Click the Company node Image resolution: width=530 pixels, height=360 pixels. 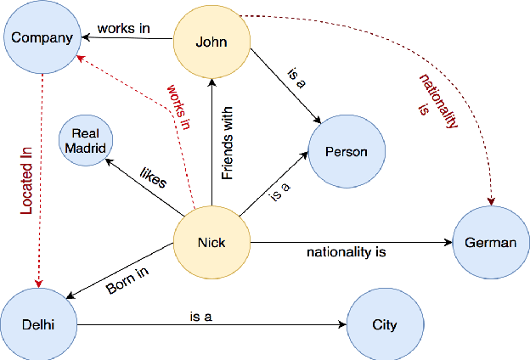click(42, 38)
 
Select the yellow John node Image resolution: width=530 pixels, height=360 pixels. click(211, 41)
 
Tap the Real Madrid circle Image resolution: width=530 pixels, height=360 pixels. click(88, 141)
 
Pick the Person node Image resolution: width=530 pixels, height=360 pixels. click(347, 152)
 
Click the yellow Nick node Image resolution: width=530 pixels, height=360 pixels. click(211, 242)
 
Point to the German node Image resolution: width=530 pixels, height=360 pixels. click(490, 243)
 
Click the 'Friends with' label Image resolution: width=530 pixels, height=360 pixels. click(227, 149)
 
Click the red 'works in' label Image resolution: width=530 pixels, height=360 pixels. click(178, 106)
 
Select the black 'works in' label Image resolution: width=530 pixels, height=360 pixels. click(123, 28)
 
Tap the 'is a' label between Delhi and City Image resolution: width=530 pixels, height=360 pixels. click(200, 317)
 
